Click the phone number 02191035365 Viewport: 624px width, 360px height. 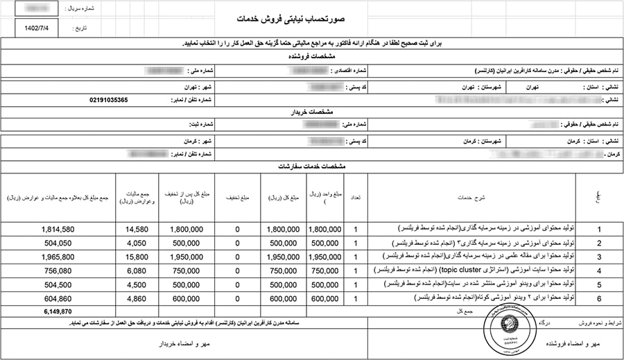109,100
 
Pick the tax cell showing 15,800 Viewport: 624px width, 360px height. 136,257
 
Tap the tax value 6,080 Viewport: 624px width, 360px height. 136,271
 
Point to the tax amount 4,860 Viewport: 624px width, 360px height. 136,298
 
